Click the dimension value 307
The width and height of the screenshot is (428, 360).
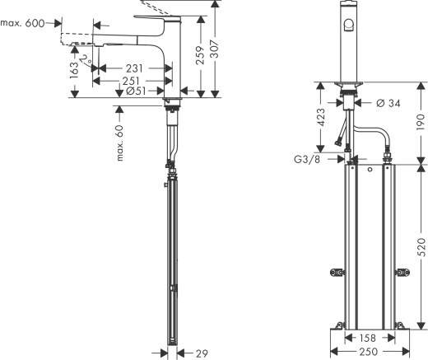(x=217, y=48)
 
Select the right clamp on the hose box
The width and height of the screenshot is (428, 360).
(x=403, y=271)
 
